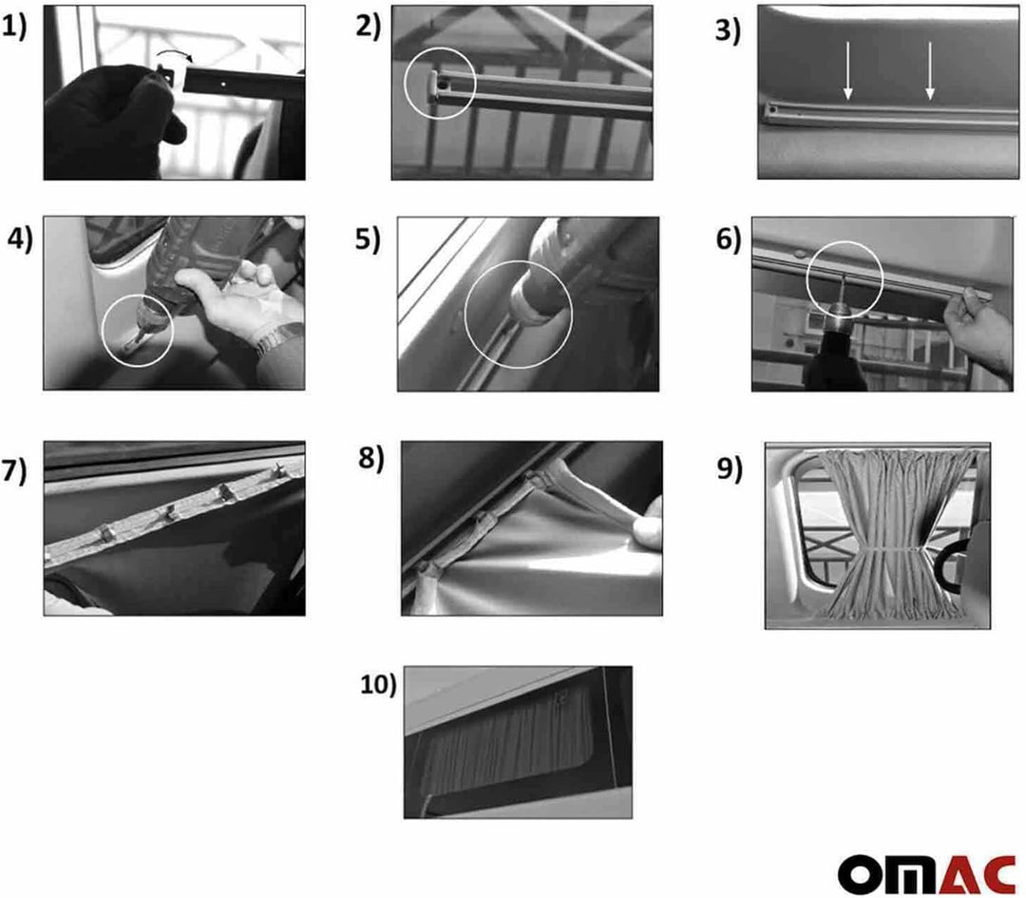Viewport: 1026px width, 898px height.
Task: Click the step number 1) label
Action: tap(15, 28)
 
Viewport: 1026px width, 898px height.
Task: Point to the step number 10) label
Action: tap(379, 684)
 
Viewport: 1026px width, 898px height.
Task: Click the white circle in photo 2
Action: tap(440, 84)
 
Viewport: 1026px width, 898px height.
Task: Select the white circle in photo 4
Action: tap(138, 330)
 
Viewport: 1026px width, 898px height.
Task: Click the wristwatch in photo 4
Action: tap(275, 338)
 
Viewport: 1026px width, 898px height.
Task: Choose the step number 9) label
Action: tap(730, 470)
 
